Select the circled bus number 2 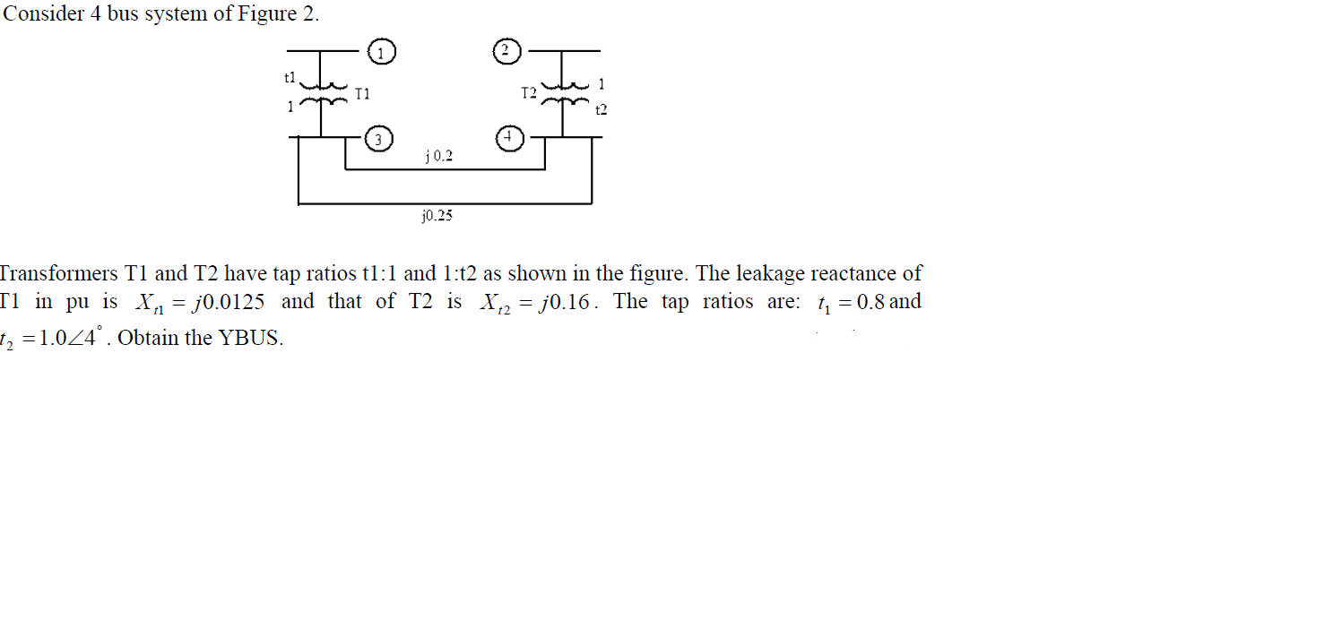(506, 50)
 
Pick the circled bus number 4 (507, 138)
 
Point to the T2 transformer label (529, 92)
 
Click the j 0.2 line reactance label (438, 157)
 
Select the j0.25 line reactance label (437, 216)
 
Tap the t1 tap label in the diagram (289, 78)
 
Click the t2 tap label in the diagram (601, 110)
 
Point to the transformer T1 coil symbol (323, 95)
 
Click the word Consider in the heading (43, 15)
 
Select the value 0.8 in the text (870, 302)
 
